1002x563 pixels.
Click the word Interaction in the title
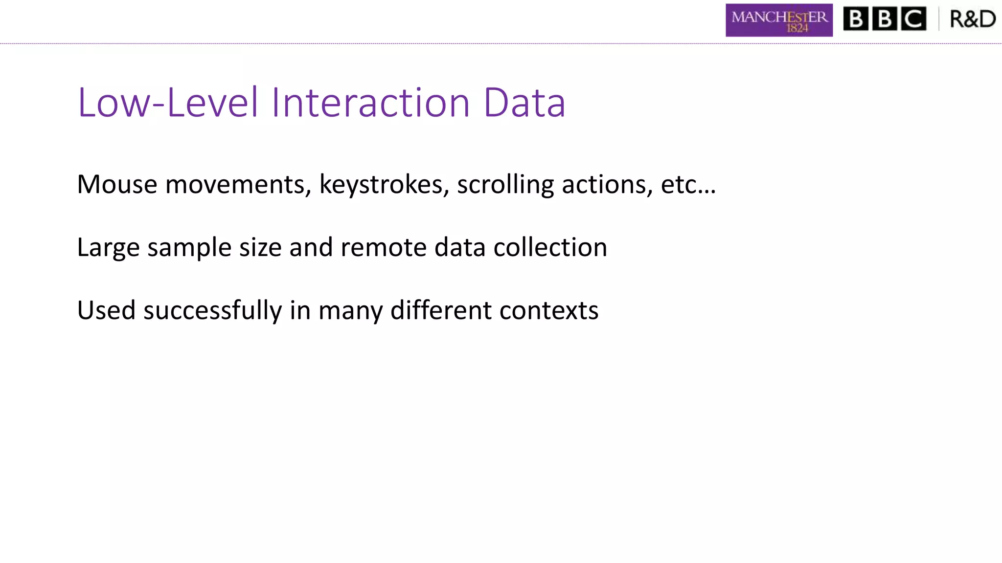click(370, 103)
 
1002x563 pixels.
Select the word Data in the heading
click(524, 103)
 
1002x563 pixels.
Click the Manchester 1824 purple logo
click(779, 20)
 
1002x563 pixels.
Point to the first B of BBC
click(856, 19)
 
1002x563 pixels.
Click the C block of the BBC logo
click(913, 19)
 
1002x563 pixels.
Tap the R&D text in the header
click(972, 19)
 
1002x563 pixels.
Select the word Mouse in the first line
click(117, 185)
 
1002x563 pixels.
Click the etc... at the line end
click(688, 185)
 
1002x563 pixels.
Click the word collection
click(550, 247)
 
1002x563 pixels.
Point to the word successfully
click(212, 311)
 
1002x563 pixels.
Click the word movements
click(238, 185)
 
